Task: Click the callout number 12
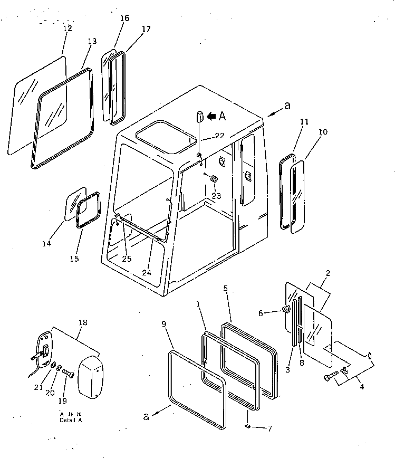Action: (68, 28)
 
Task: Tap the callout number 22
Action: (219, 136)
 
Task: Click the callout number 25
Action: (126, 259)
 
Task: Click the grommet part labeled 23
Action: (214, 180)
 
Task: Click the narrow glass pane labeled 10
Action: (298, 195)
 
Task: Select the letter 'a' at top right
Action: (287, 106)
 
